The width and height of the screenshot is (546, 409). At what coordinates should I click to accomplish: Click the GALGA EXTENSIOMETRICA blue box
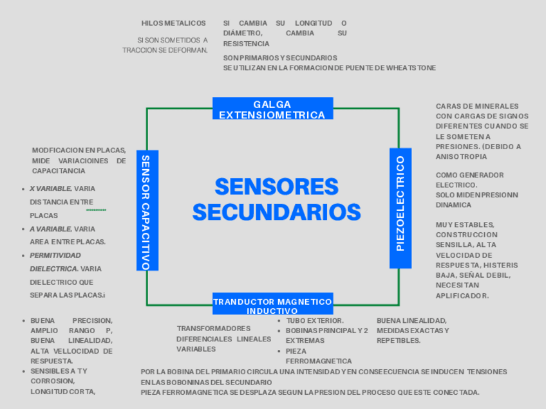[x=272, y=109]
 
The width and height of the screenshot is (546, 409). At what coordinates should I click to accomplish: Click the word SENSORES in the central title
[x=276, y=186]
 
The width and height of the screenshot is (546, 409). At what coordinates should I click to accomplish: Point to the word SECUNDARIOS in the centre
[x=276, y=212]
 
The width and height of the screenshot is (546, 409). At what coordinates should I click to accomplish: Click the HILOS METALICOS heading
[x=174, y=23]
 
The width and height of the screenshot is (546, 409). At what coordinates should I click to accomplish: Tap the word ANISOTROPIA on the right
[x=462, y=156]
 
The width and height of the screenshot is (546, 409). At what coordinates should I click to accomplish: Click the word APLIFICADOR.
[x=462, y=296]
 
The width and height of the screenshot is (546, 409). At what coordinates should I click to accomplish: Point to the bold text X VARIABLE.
[x=50, y=188]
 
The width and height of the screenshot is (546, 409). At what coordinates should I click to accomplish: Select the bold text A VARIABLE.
[x=50, y=229]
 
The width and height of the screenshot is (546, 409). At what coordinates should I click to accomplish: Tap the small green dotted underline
[x=96, y=210]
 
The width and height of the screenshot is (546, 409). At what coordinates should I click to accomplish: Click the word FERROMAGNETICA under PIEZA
[x=319, y=361]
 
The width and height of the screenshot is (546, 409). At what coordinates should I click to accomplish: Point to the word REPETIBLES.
[x=399, y=341]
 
